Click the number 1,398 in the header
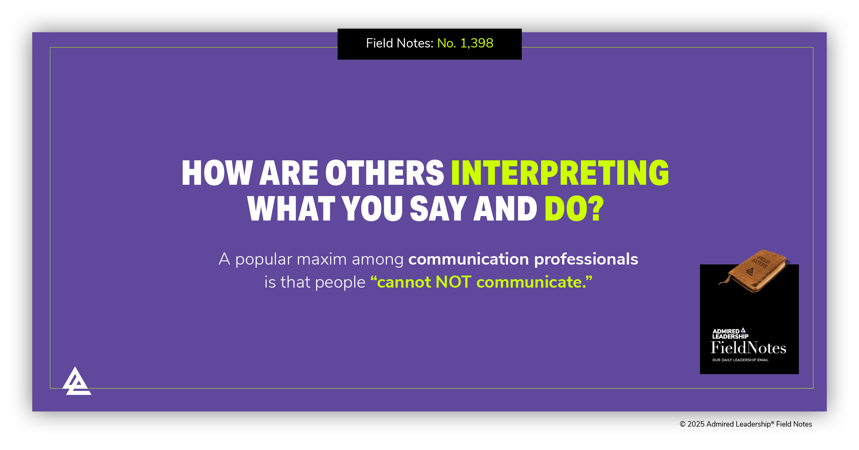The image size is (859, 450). coord(477,43)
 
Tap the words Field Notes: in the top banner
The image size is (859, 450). coord(400,43)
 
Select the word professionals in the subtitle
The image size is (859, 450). coord(586,259)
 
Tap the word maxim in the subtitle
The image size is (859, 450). coord(322,259)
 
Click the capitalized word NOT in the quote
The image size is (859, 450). coord(453,282)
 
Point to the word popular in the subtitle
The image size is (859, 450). coord(264,259)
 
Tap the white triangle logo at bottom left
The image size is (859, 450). coord(77,382)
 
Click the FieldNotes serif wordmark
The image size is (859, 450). coord(748,348)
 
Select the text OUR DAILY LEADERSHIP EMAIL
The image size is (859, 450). coord(740,360)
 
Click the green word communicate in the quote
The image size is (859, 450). coord(531,282)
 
